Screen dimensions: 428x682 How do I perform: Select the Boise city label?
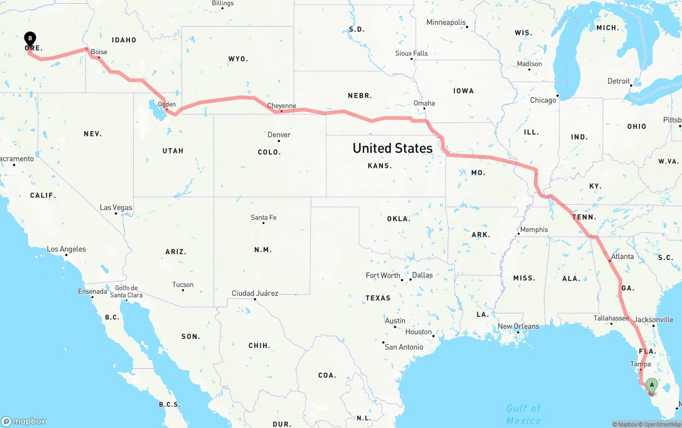coord(99,52)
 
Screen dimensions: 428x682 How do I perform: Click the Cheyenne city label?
coord(281,106)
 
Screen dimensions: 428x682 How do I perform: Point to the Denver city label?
coord(279,135)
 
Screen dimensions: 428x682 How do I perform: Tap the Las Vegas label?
coord(116,207)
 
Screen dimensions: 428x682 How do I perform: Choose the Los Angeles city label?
coord(66,249)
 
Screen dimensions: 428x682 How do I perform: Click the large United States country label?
coord(393,148)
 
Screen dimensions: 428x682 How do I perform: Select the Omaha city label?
coord(424,103)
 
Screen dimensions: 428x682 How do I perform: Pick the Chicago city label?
coord(543,100)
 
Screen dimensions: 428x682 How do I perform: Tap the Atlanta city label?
coord(622,256)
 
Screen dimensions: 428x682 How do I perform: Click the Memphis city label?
coord(534,230)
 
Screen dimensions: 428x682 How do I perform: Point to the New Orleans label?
coord(518,326)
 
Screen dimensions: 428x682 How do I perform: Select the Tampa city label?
coord(640,364)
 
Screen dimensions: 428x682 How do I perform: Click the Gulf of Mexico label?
coord(523,414)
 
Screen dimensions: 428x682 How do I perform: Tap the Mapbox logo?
coord(23,421)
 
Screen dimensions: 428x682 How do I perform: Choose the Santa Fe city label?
coord(264,217)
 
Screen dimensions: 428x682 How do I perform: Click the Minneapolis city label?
coord(446,22)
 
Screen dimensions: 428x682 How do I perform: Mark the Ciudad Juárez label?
coord(255,293)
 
